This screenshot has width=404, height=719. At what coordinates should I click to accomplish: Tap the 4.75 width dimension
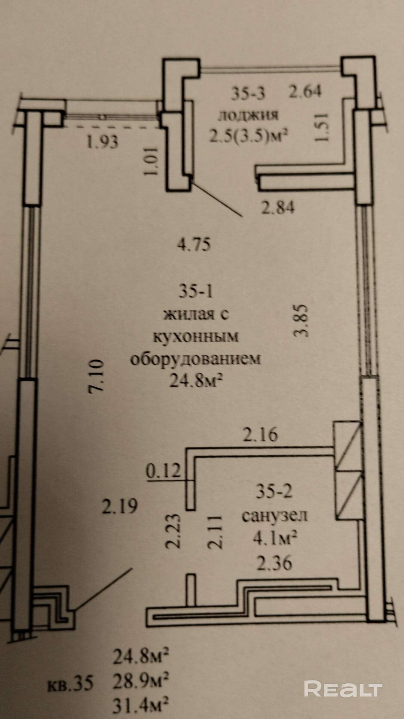194,245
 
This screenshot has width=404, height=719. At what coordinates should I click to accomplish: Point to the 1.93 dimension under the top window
102,142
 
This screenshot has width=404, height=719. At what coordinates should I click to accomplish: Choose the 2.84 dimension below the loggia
278,207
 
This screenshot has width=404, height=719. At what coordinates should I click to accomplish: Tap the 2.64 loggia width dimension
305,91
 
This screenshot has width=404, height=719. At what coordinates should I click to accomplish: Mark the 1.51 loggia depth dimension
322,127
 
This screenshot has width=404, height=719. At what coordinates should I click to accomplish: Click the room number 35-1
195,291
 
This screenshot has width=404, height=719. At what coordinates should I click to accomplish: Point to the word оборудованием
195,359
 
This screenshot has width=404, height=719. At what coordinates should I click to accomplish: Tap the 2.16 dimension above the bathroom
260,435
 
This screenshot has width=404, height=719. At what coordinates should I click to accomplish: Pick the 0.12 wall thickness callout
163,470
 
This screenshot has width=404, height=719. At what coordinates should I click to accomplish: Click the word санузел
274,516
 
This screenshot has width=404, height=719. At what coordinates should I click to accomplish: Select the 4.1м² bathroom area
275,540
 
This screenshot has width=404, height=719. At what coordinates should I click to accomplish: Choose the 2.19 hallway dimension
120,506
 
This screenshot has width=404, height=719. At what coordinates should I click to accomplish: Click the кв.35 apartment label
70,684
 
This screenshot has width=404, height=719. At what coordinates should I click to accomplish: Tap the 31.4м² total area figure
140,706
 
